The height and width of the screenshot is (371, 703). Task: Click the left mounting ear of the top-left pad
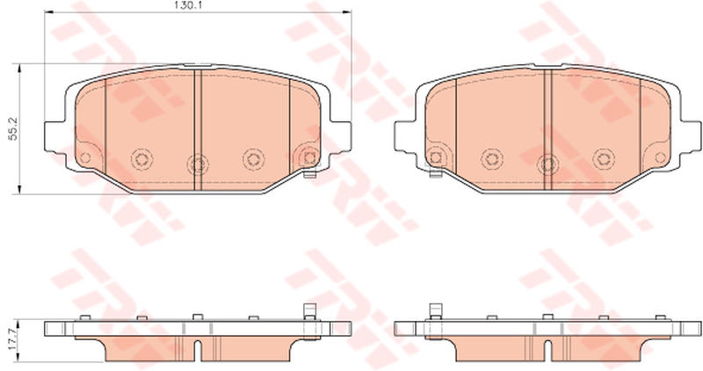click(x=54, y=136)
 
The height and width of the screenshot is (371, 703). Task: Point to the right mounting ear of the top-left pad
click(x=341, y=136)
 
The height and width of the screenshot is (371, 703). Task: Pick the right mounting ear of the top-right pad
click(x=691, y=136)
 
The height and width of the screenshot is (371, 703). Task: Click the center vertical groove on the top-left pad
click(x=198, y=129)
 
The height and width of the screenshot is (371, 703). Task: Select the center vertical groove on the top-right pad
click(x=547, y=129)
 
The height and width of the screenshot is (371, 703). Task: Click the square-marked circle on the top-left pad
click(x=309, y=157)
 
